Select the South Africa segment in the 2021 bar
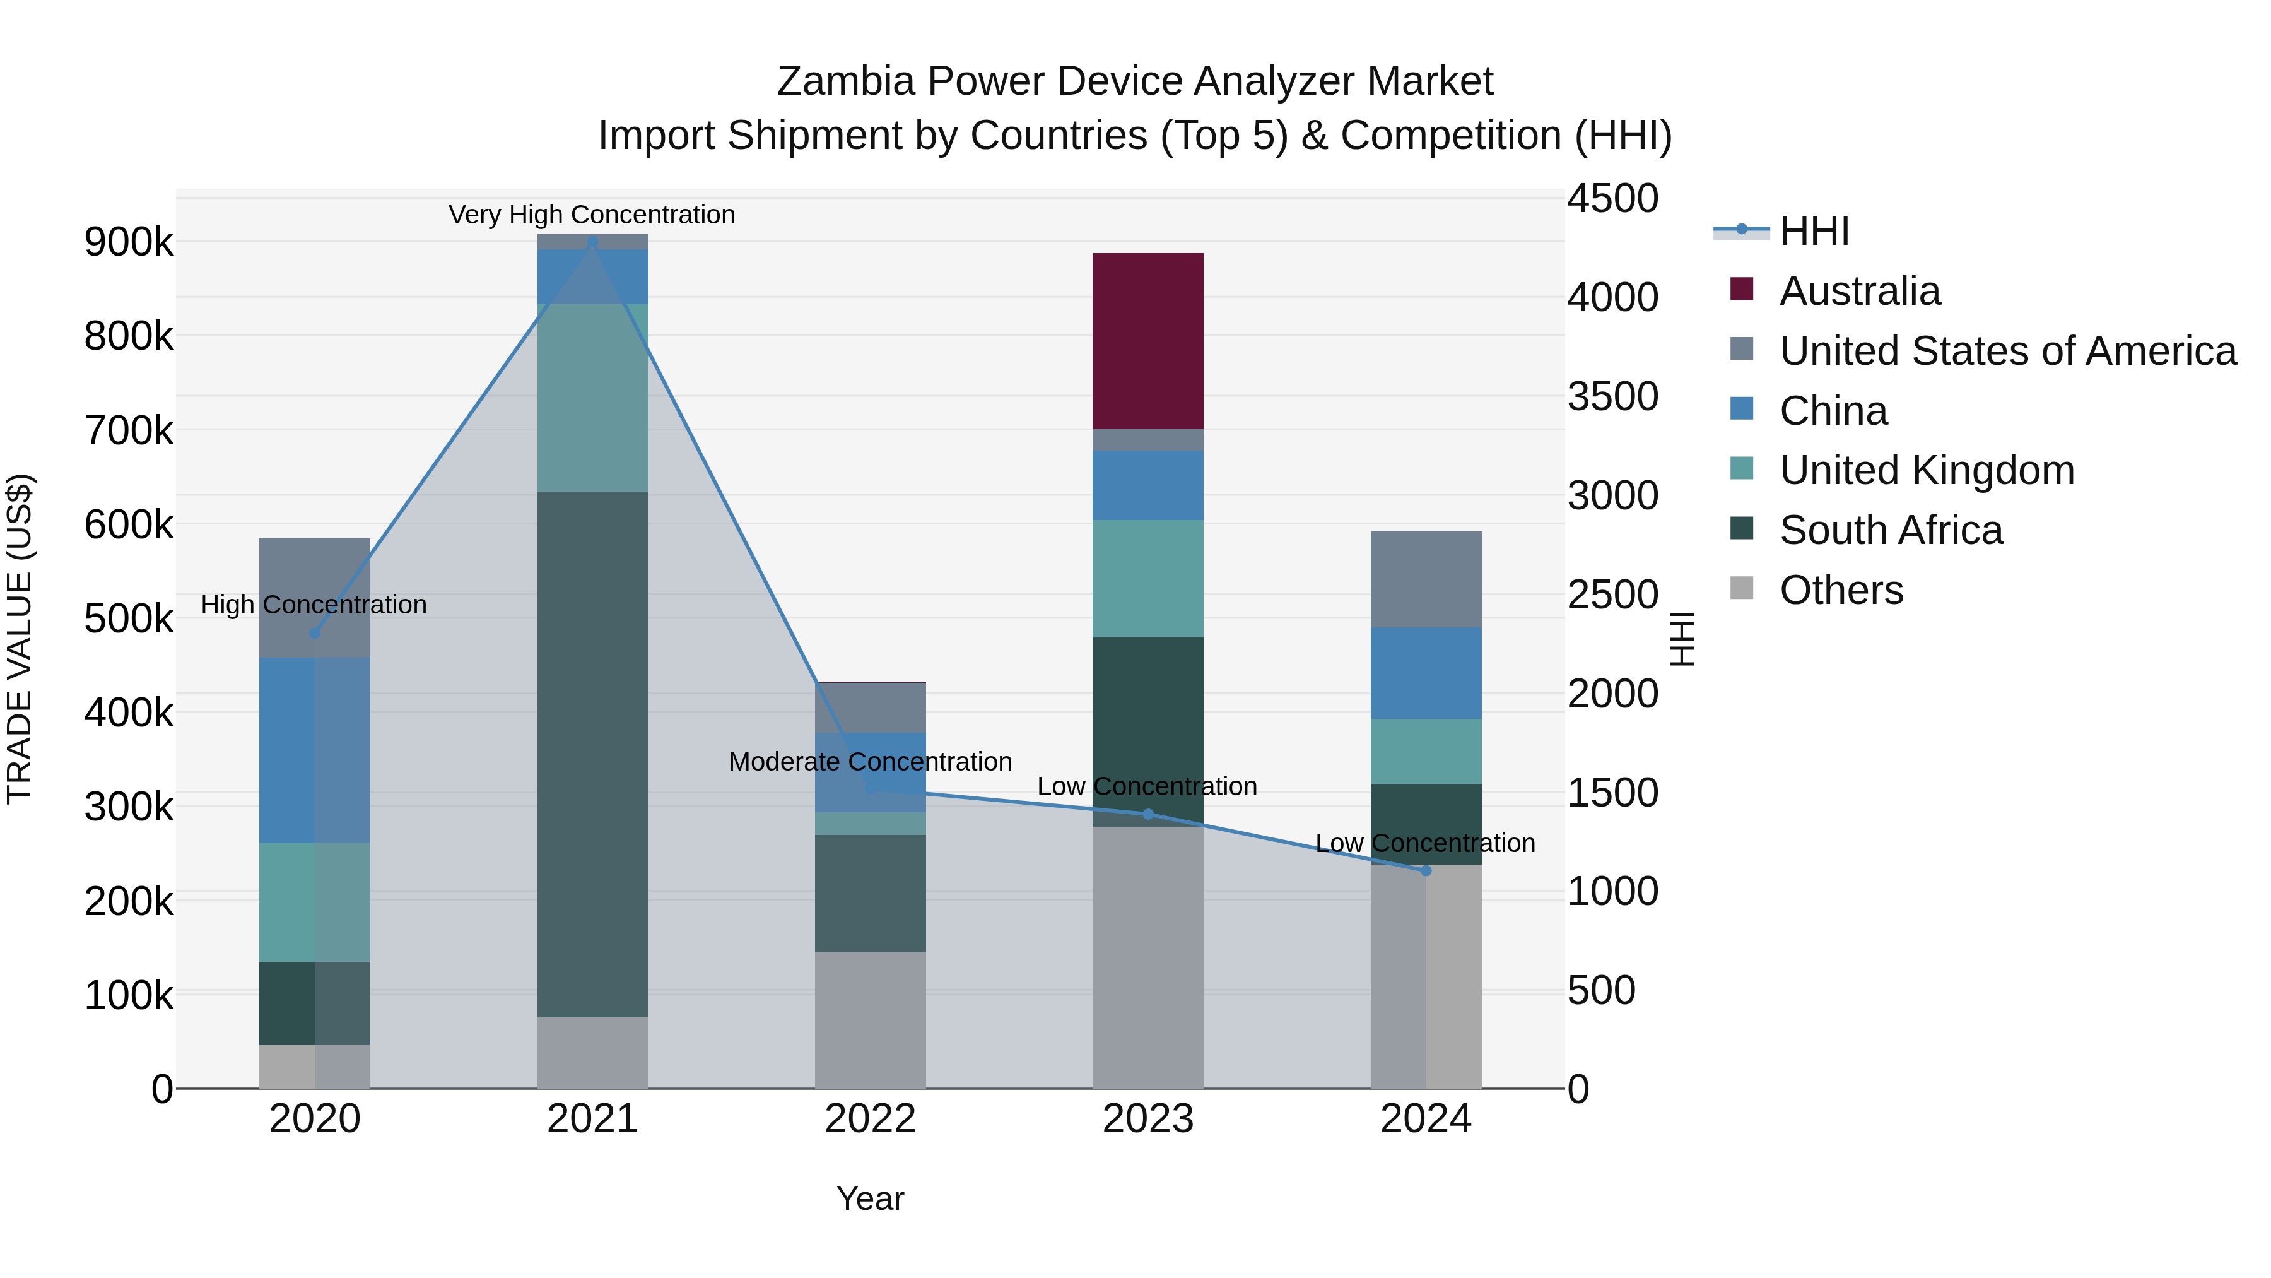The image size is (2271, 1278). (x=592, y=754)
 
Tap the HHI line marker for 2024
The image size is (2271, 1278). (x=1426, y=870)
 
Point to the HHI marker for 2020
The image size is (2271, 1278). (x=315, y=633)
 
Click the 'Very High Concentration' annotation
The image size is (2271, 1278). (x=592, y=215)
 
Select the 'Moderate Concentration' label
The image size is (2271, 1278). (x=869, y=761)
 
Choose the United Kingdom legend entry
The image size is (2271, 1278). (x=1927, y=470)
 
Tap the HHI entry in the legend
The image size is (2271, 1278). (x=1814, y=231)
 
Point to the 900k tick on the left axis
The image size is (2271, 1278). (x=129, y=242)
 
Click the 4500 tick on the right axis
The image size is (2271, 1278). (x=1612, y=198)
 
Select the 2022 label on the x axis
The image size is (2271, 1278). (x=869, y=1119)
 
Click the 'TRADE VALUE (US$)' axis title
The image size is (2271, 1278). (x=20, y=639)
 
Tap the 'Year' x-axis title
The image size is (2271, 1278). (x=869, y=1198)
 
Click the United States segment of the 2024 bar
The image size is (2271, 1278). (x=1426, y=579)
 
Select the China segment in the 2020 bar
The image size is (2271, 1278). (x=315, y=750)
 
